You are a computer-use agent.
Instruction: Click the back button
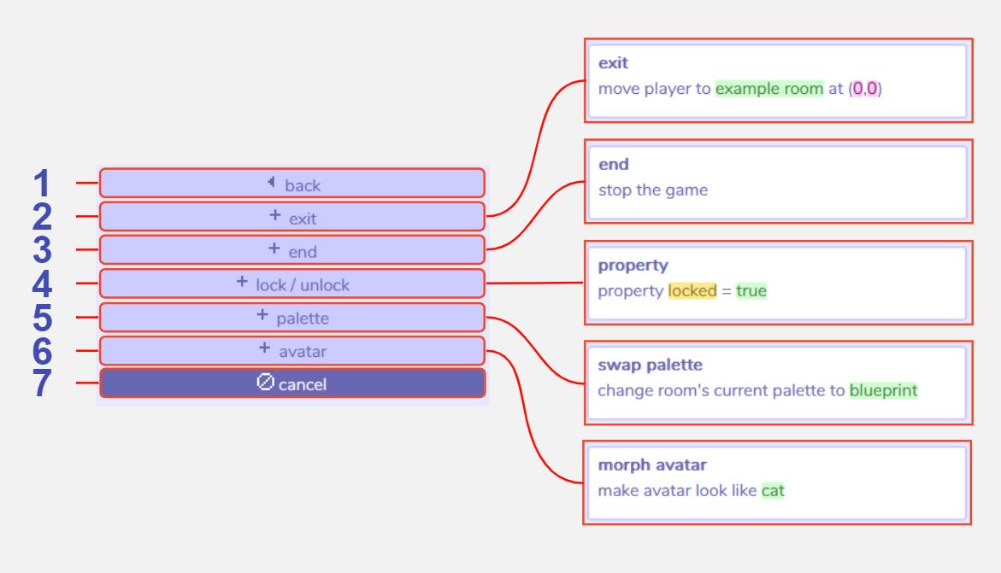point(292,184)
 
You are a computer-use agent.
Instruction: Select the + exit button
point(292,217)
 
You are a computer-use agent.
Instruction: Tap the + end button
point(292,250)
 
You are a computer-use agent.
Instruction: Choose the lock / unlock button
point(292,284)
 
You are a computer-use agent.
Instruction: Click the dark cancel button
point(292,384)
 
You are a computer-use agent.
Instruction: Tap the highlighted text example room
point(768,89)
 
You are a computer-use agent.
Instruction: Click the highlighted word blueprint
point(883,390)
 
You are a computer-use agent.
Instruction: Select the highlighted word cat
point(773,491)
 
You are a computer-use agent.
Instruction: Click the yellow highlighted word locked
point(692,291)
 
